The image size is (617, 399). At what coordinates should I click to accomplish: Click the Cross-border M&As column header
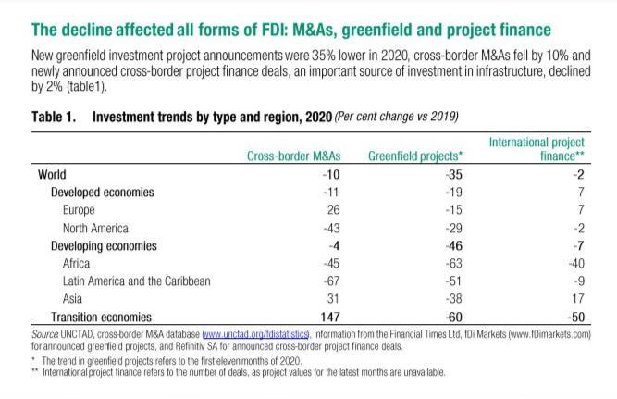coord(293,156)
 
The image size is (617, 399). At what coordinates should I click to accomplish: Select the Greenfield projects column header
coord(415,156)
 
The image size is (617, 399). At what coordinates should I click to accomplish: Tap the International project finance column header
coord(537,149)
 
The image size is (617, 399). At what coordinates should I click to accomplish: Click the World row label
coord(52,174)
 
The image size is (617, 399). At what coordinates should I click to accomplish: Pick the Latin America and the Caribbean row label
coord(137,281)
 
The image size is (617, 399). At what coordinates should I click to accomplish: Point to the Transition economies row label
coord(101,318)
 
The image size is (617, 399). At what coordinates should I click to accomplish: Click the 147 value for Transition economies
coord(329,318)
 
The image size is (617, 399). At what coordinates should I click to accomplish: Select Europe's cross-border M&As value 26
coord(333,209)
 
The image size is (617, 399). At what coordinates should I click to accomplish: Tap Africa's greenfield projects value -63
coord(453,263)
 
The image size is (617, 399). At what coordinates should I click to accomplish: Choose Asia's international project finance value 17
coord(578,299)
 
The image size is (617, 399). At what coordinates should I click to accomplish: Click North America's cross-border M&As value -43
coord(331,228)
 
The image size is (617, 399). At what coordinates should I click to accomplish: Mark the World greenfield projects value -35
coord(453,174)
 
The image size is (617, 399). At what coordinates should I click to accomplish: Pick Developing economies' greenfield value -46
coord(453,245)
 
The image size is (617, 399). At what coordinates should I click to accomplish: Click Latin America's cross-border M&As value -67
coord(331,281)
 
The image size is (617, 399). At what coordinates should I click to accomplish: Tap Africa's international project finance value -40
coord(576,263)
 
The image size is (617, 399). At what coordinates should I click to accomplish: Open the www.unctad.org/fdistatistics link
coord(255,334)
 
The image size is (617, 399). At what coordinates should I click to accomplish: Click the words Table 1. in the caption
coord(54,117)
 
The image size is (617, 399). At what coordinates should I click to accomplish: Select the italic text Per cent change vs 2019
coord(397,117)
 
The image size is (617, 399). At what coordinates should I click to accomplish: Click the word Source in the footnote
coord(44,334)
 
